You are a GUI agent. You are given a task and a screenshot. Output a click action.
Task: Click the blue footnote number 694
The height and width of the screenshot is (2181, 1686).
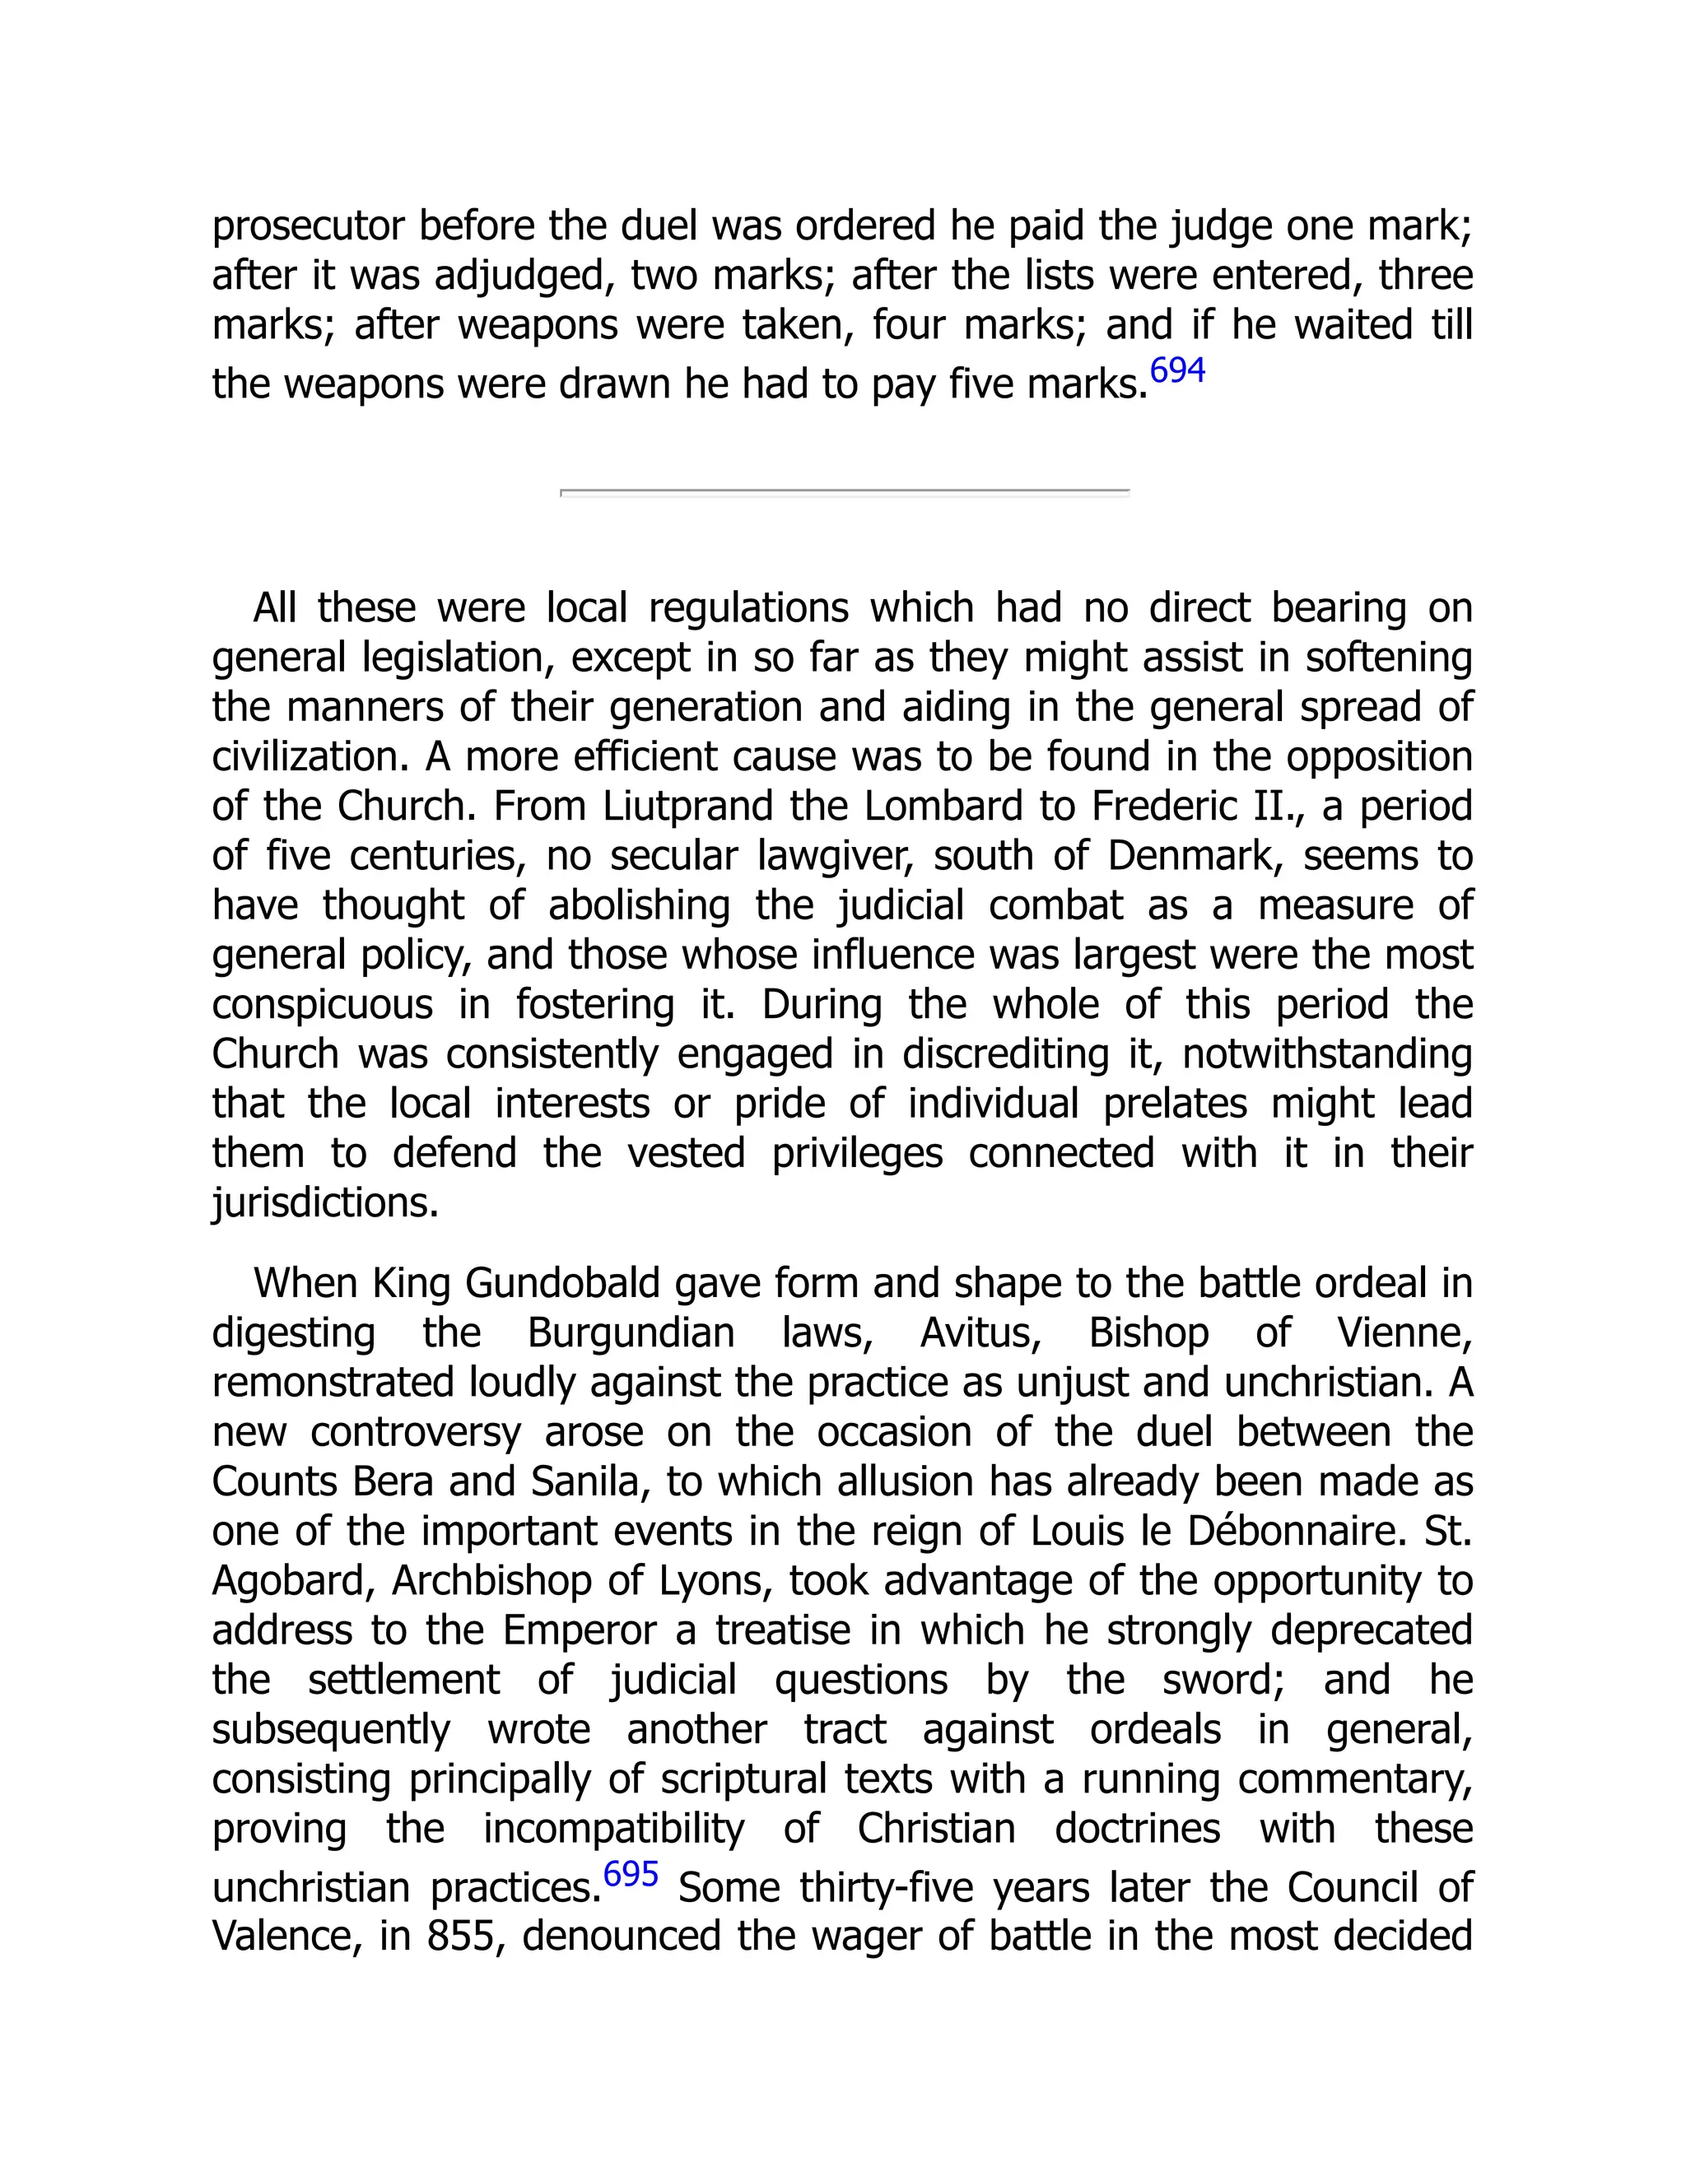point(1176,370)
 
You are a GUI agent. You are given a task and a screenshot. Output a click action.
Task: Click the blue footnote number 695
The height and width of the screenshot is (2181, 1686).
point(631,1873)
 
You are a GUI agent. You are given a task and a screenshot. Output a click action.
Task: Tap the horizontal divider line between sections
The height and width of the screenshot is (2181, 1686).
point(844,491)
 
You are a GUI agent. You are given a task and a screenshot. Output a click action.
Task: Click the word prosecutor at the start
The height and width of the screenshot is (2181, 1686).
point(308,226)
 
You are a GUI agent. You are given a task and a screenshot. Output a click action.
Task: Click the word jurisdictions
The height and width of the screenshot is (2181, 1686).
point(326,1203)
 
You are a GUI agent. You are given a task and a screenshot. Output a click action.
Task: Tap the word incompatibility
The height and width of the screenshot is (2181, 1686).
point(613,1829)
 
